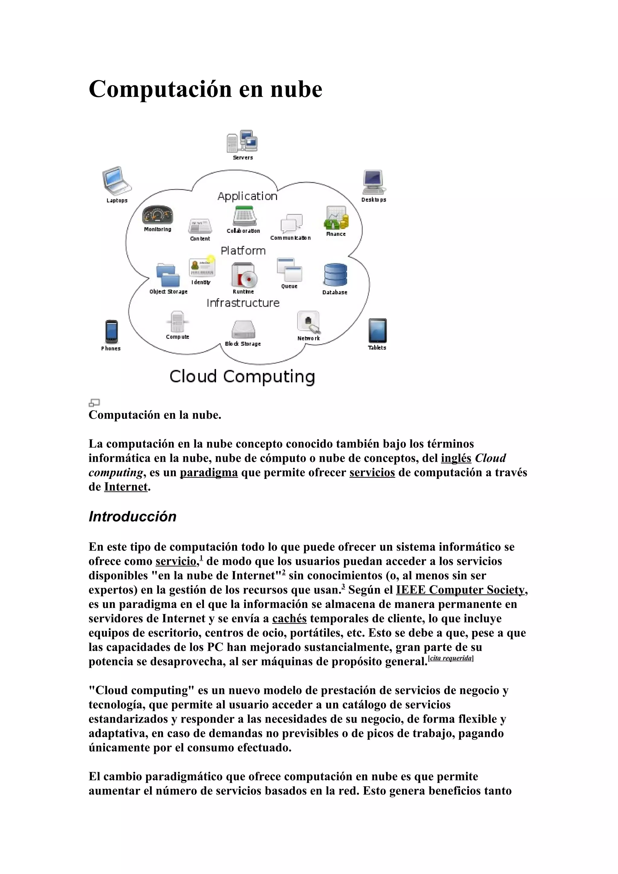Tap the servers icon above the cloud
[242, 141]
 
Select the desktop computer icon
[373, 182]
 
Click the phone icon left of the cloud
[111, 331]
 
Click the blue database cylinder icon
[335, 274]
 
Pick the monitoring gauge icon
[158, 215]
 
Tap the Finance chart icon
[336, 218]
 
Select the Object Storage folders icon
[168, 275]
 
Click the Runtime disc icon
[244, 275]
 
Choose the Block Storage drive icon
[243, 329]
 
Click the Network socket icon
[308, 322]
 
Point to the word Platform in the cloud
[243, 251]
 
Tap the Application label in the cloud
[247, 196]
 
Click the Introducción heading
[132, 517]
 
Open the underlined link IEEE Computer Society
[460, 590]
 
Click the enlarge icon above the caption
[94, 402]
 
